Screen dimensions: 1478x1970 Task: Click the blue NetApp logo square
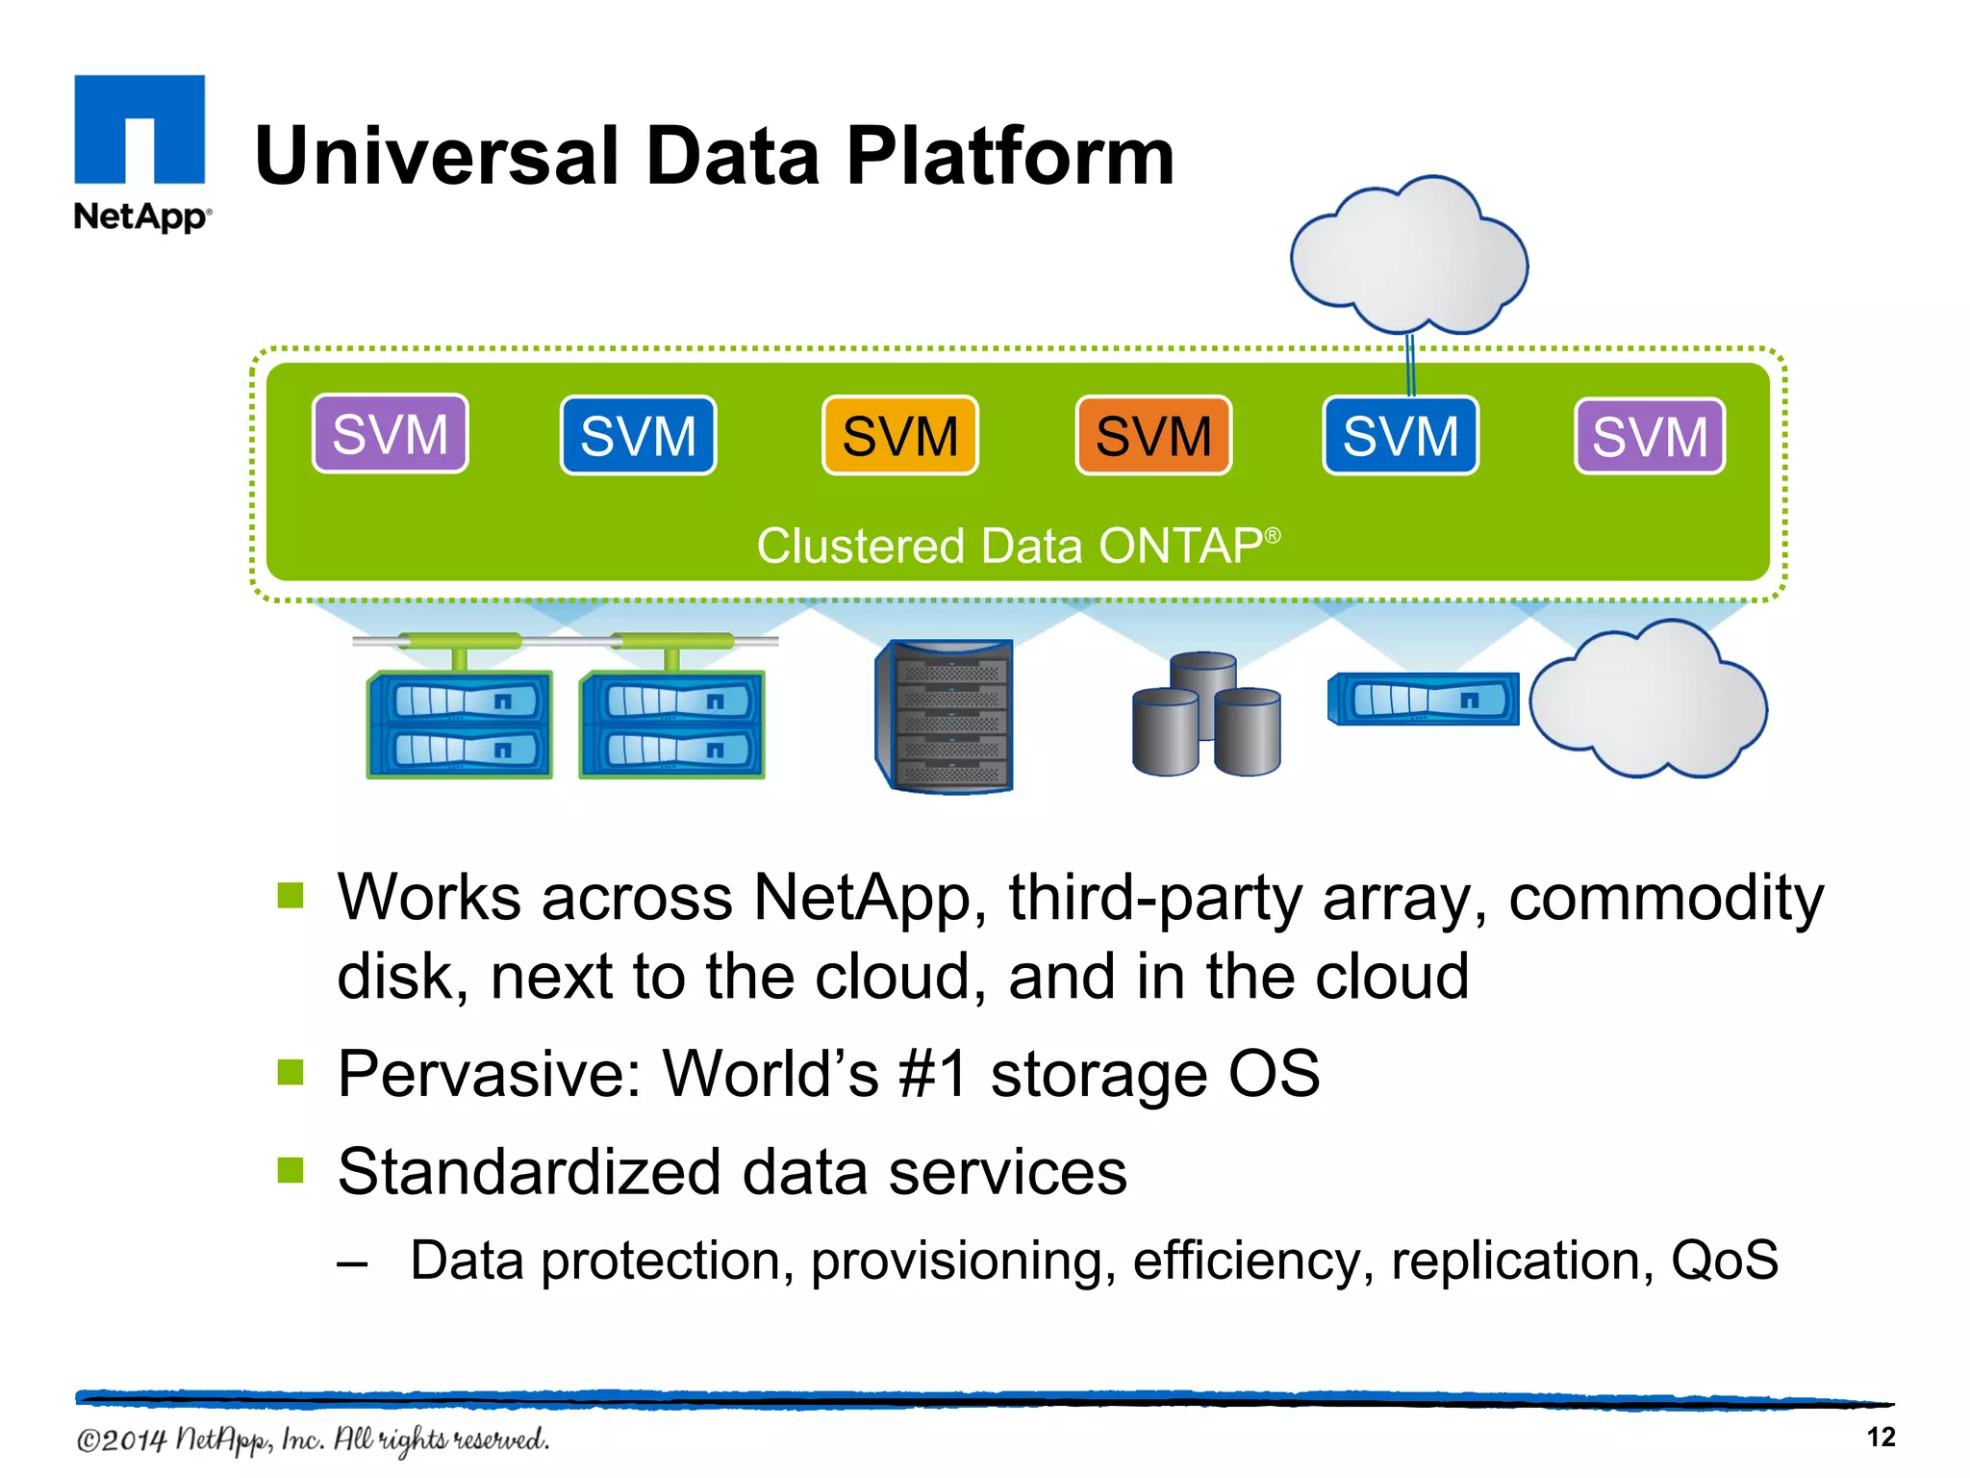pos(139,129)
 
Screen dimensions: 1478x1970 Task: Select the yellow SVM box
pos(900,436)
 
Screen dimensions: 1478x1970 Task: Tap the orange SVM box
pos(1153,436)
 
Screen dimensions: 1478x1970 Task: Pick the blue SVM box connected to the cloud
pos(1401,436)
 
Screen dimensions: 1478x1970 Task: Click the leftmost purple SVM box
pos(391,434)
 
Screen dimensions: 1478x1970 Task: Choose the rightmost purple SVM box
pos(1650,437)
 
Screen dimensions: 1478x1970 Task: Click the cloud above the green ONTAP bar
pos(1409,255)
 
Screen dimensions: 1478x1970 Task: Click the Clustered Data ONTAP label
pos(1018,546)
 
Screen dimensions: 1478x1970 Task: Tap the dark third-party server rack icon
pos(946,716)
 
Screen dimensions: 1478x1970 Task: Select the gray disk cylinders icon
pos(1206,716)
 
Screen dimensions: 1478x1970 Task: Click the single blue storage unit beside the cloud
pos(1423,700)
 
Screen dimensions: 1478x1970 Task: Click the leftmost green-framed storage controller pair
pos(459,724)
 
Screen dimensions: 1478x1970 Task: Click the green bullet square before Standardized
pos(290,1170)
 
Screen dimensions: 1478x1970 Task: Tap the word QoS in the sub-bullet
pos(1725,1261)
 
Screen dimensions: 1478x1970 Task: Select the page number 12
pos(1881,1438)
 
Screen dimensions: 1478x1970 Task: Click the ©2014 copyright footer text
pos(313,1440)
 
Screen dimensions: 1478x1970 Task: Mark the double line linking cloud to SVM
pos(1410,366)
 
